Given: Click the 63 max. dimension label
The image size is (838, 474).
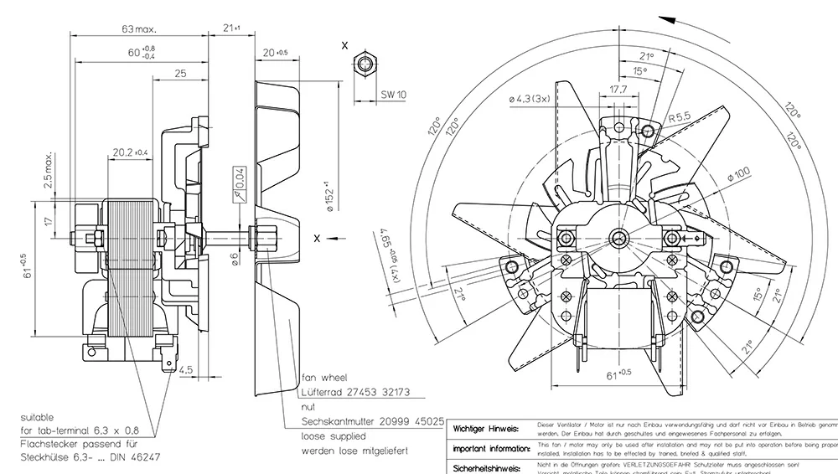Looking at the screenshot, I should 139,28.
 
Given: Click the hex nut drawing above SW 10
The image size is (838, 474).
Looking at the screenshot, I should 364,64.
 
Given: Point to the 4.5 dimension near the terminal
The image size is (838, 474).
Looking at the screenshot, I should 185,368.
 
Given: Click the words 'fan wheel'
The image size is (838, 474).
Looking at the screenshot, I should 323,378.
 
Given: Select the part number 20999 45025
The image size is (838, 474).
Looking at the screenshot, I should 410,422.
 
